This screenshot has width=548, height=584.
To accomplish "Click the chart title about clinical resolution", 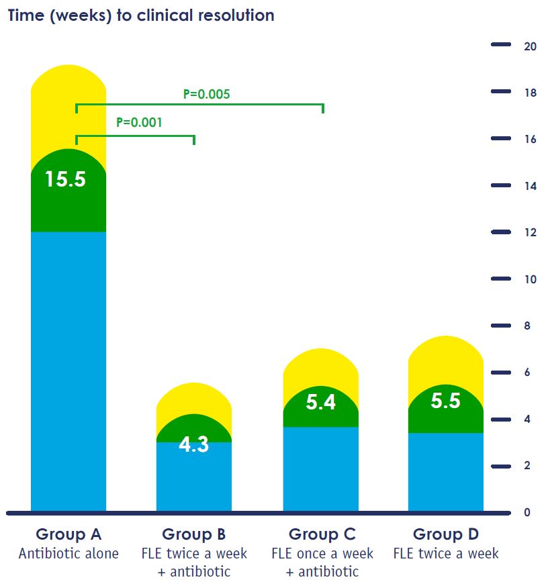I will point(141,15).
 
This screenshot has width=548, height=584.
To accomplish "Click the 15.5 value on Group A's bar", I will point(65,179).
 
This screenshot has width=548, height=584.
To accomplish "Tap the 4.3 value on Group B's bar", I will point(193,444).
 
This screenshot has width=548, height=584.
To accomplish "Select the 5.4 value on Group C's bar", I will point(320,403).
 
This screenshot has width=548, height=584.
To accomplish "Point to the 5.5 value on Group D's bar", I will point(445,401).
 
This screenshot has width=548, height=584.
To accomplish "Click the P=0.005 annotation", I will point(207,94).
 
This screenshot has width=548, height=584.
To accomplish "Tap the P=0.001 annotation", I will point(139,123).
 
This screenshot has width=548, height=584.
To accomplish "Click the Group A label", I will point(68,534).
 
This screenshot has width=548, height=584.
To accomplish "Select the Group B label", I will point(193,534).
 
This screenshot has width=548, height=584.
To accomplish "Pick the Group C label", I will point(322,534).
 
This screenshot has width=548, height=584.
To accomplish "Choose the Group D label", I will point(446,534).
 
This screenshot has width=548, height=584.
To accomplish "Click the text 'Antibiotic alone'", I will point(68,554).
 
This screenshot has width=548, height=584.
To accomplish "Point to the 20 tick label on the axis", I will point(530,46).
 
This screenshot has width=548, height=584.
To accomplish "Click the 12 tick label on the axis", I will point(530,232).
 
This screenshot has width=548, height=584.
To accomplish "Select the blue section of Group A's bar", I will point(68,369).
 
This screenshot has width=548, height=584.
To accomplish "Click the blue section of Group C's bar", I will point(320,470).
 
